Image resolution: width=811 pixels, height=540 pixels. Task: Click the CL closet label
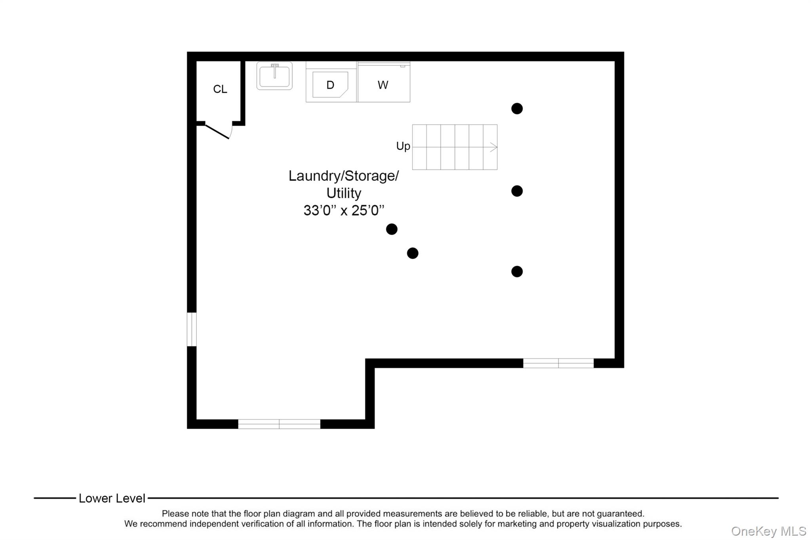[220, 89]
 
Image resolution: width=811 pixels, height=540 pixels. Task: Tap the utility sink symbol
[274, 76]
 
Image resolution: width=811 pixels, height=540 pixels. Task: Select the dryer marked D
[330, 85]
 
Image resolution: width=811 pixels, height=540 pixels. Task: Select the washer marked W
[383, 85]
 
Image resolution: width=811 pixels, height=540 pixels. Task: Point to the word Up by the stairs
[403, 146]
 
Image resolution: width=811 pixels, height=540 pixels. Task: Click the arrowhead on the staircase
[493, 147]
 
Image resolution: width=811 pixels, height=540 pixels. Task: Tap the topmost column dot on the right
[517, 108]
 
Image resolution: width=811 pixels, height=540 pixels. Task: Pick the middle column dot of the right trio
[517, 191]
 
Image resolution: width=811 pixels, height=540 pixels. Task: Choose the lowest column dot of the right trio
[517, 271]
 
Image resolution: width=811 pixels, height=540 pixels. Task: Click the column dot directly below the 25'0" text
[392, 229]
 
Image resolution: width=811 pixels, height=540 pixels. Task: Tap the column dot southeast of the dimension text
[413, 253]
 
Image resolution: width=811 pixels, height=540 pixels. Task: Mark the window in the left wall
[192, 329]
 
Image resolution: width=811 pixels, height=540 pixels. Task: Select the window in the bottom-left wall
[279, 424]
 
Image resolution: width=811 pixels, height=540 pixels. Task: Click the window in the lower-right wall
[558, 363]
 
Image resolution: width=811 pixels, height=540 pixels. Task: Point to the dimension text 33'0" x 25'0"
[344, 210]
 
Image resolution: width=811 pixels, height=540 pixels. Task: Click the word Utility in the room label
[344, 193]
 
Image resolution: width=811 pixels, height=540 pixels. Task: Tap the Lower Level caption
[112, 498]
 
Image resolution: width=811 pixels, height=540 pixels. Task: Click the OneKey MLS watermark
[768, 531]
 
